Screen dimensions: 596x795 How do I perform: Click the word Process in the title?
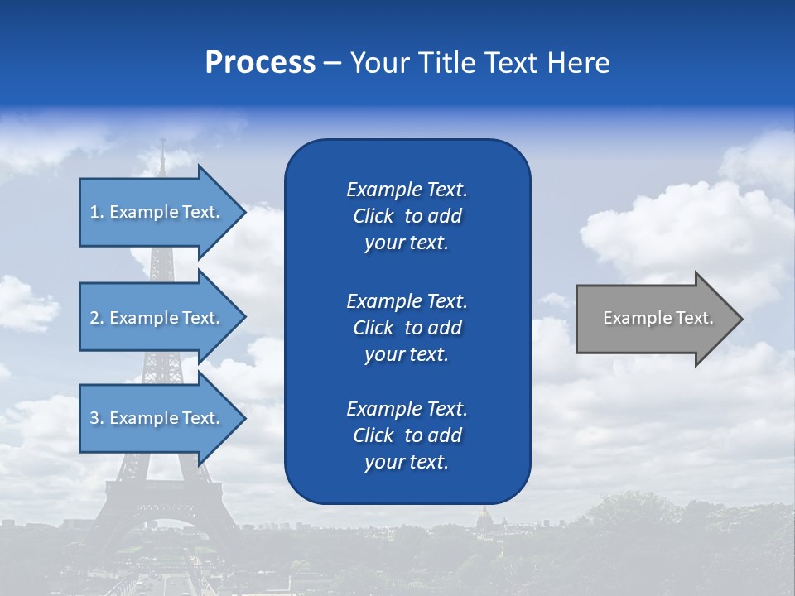click(260, 63)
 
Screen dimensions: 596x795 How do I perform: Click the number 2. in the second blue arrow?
click(97, 318)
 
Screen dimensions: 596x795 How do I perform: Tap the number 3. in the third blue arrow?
click(97, 418)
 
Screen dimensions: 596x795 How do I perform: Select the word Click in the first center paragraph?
click(373, 217)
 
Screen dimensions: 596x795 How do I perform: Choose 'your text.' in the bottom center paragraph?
click(407, 462)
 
